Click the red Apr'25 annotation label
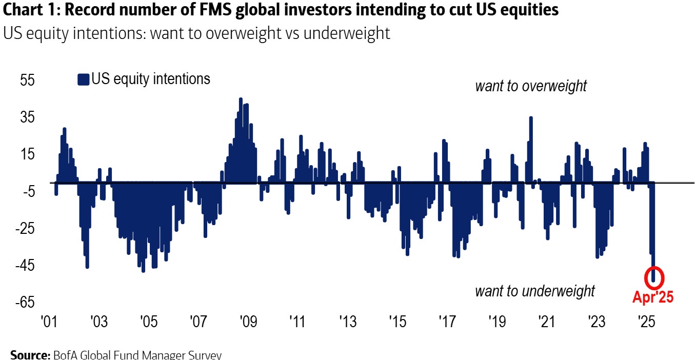[652, 297]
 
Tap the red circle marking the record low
[653, 277]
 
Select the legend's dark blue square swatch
[83, 79]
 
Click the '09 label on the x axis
[248, 323]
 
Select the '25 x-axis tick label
[645, 323]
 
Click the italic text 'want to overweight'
[531, 86]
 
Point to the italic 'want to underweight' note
[535, 291]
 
